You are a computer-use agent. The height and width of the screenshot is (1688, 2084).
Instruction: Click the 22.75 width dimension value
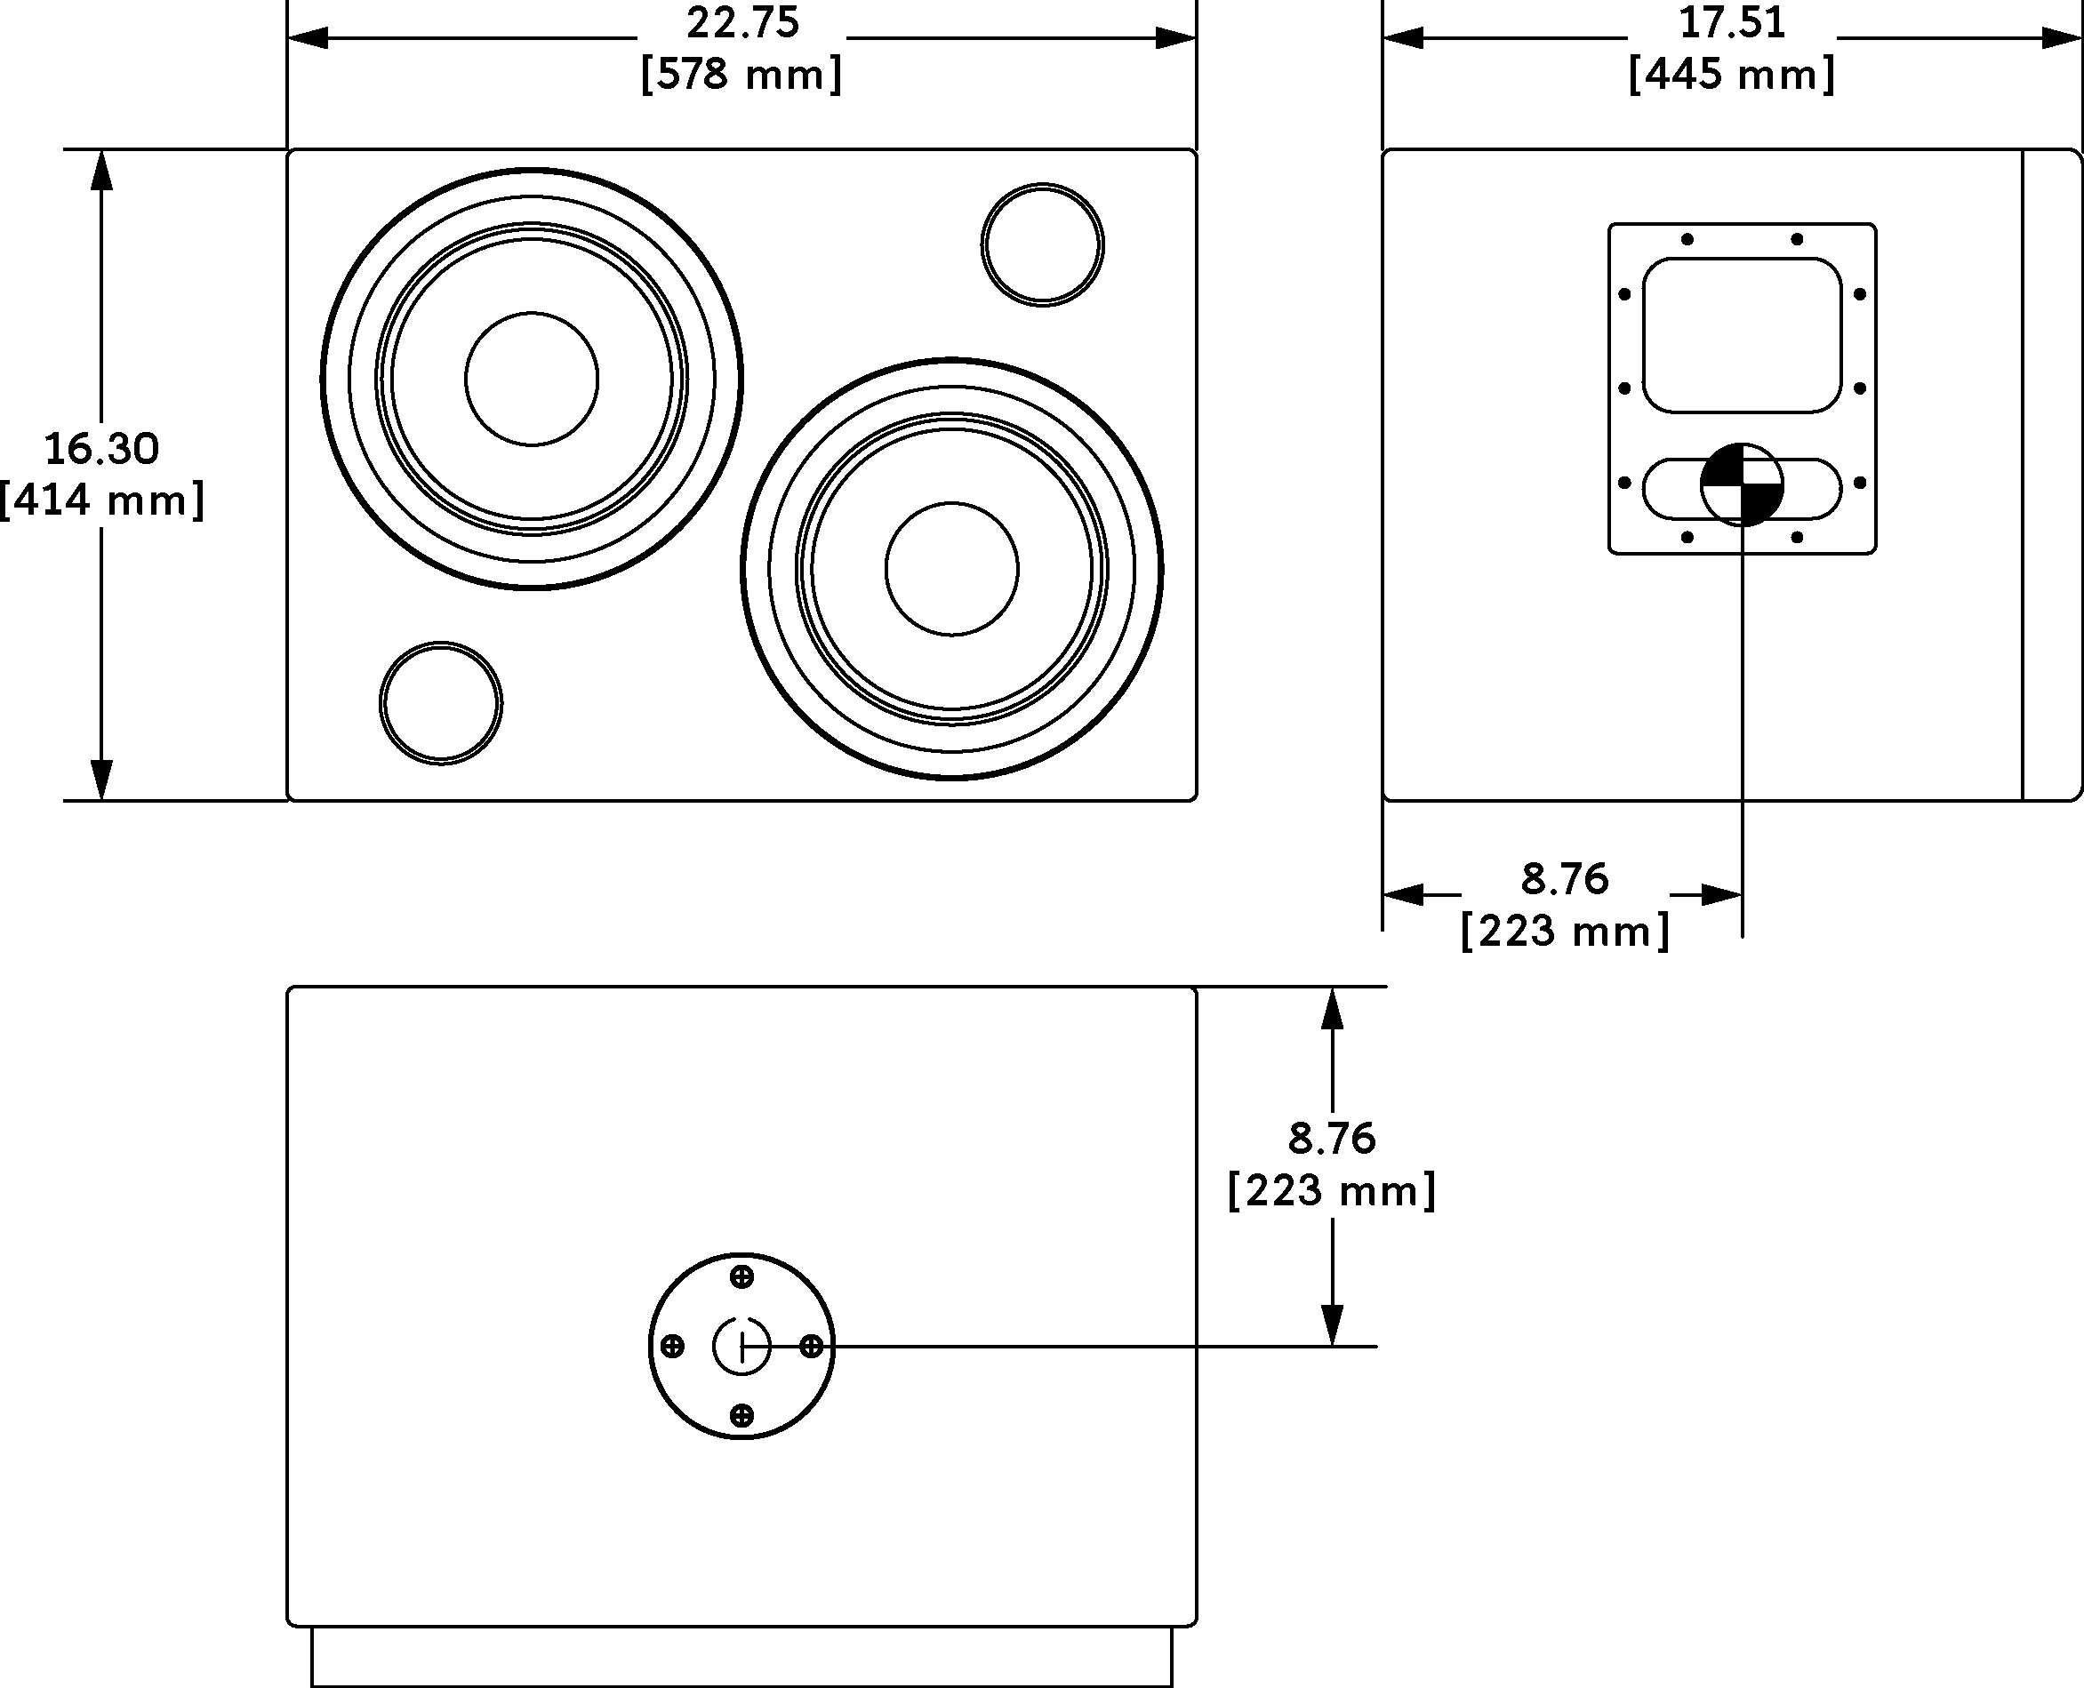(742, 23)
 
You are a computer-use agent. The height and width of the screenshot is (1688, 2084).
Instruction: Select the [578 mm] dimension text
(742, 75)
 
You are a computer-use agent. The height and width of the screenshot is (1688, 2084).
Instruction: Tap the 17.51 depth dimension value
(1732, 23)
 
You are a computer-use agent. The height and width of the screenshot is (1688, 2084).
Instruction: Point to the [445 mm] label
(1732, 75)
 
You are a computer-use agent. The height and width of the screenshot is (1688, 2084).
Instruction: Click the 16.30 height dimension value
(102, 448)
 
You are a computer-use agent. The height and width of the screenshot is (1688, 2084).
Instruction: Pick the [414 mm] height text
(102, 500)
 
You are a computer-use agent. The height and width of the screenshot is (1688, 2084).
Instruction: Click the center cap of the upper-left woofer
(532, 380)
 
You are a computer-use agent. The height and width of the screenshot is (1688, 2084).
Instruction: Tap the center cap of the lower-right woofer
(952, 570)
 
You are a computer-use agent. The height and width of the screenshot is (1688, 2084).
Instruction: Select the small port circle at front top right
(1043, 245)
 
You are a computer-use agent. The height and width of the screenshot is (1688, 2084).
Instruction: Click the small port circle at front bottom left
(440, 703)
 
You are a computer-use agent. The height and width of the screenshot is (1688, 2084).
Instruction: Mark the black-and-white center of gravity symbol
(1742, 484)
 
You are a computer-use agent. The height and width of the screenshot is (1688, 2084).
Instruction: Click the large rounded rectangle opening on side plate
(1742, 335)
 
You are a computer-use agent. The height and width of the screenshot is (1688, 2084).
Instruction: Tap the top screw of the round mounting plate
(742, 1276)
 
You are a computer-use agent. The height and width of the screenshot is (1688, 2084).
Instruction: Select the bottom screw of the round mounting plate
(742, 1415)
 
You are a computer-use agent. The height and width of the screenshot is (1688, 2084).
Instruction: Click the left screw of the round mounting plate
(672, 1347)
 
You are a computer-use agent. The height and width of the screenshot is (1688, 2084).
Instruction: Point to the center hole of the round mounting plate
(742, 1347)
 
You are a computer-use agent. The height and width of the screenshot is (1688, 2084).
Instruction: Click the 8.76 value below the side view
(1565, 879)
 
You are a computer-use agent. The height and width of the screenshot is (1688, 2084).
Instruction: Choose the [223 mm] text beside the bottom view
(1331, 1190)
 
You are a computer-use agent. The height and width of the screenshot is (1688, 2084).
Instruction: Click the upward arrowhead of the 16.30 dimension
(101, 170)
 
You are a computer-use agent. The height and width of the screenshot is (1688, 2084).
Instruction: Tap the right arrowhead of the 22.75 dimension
(1175, 38)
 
